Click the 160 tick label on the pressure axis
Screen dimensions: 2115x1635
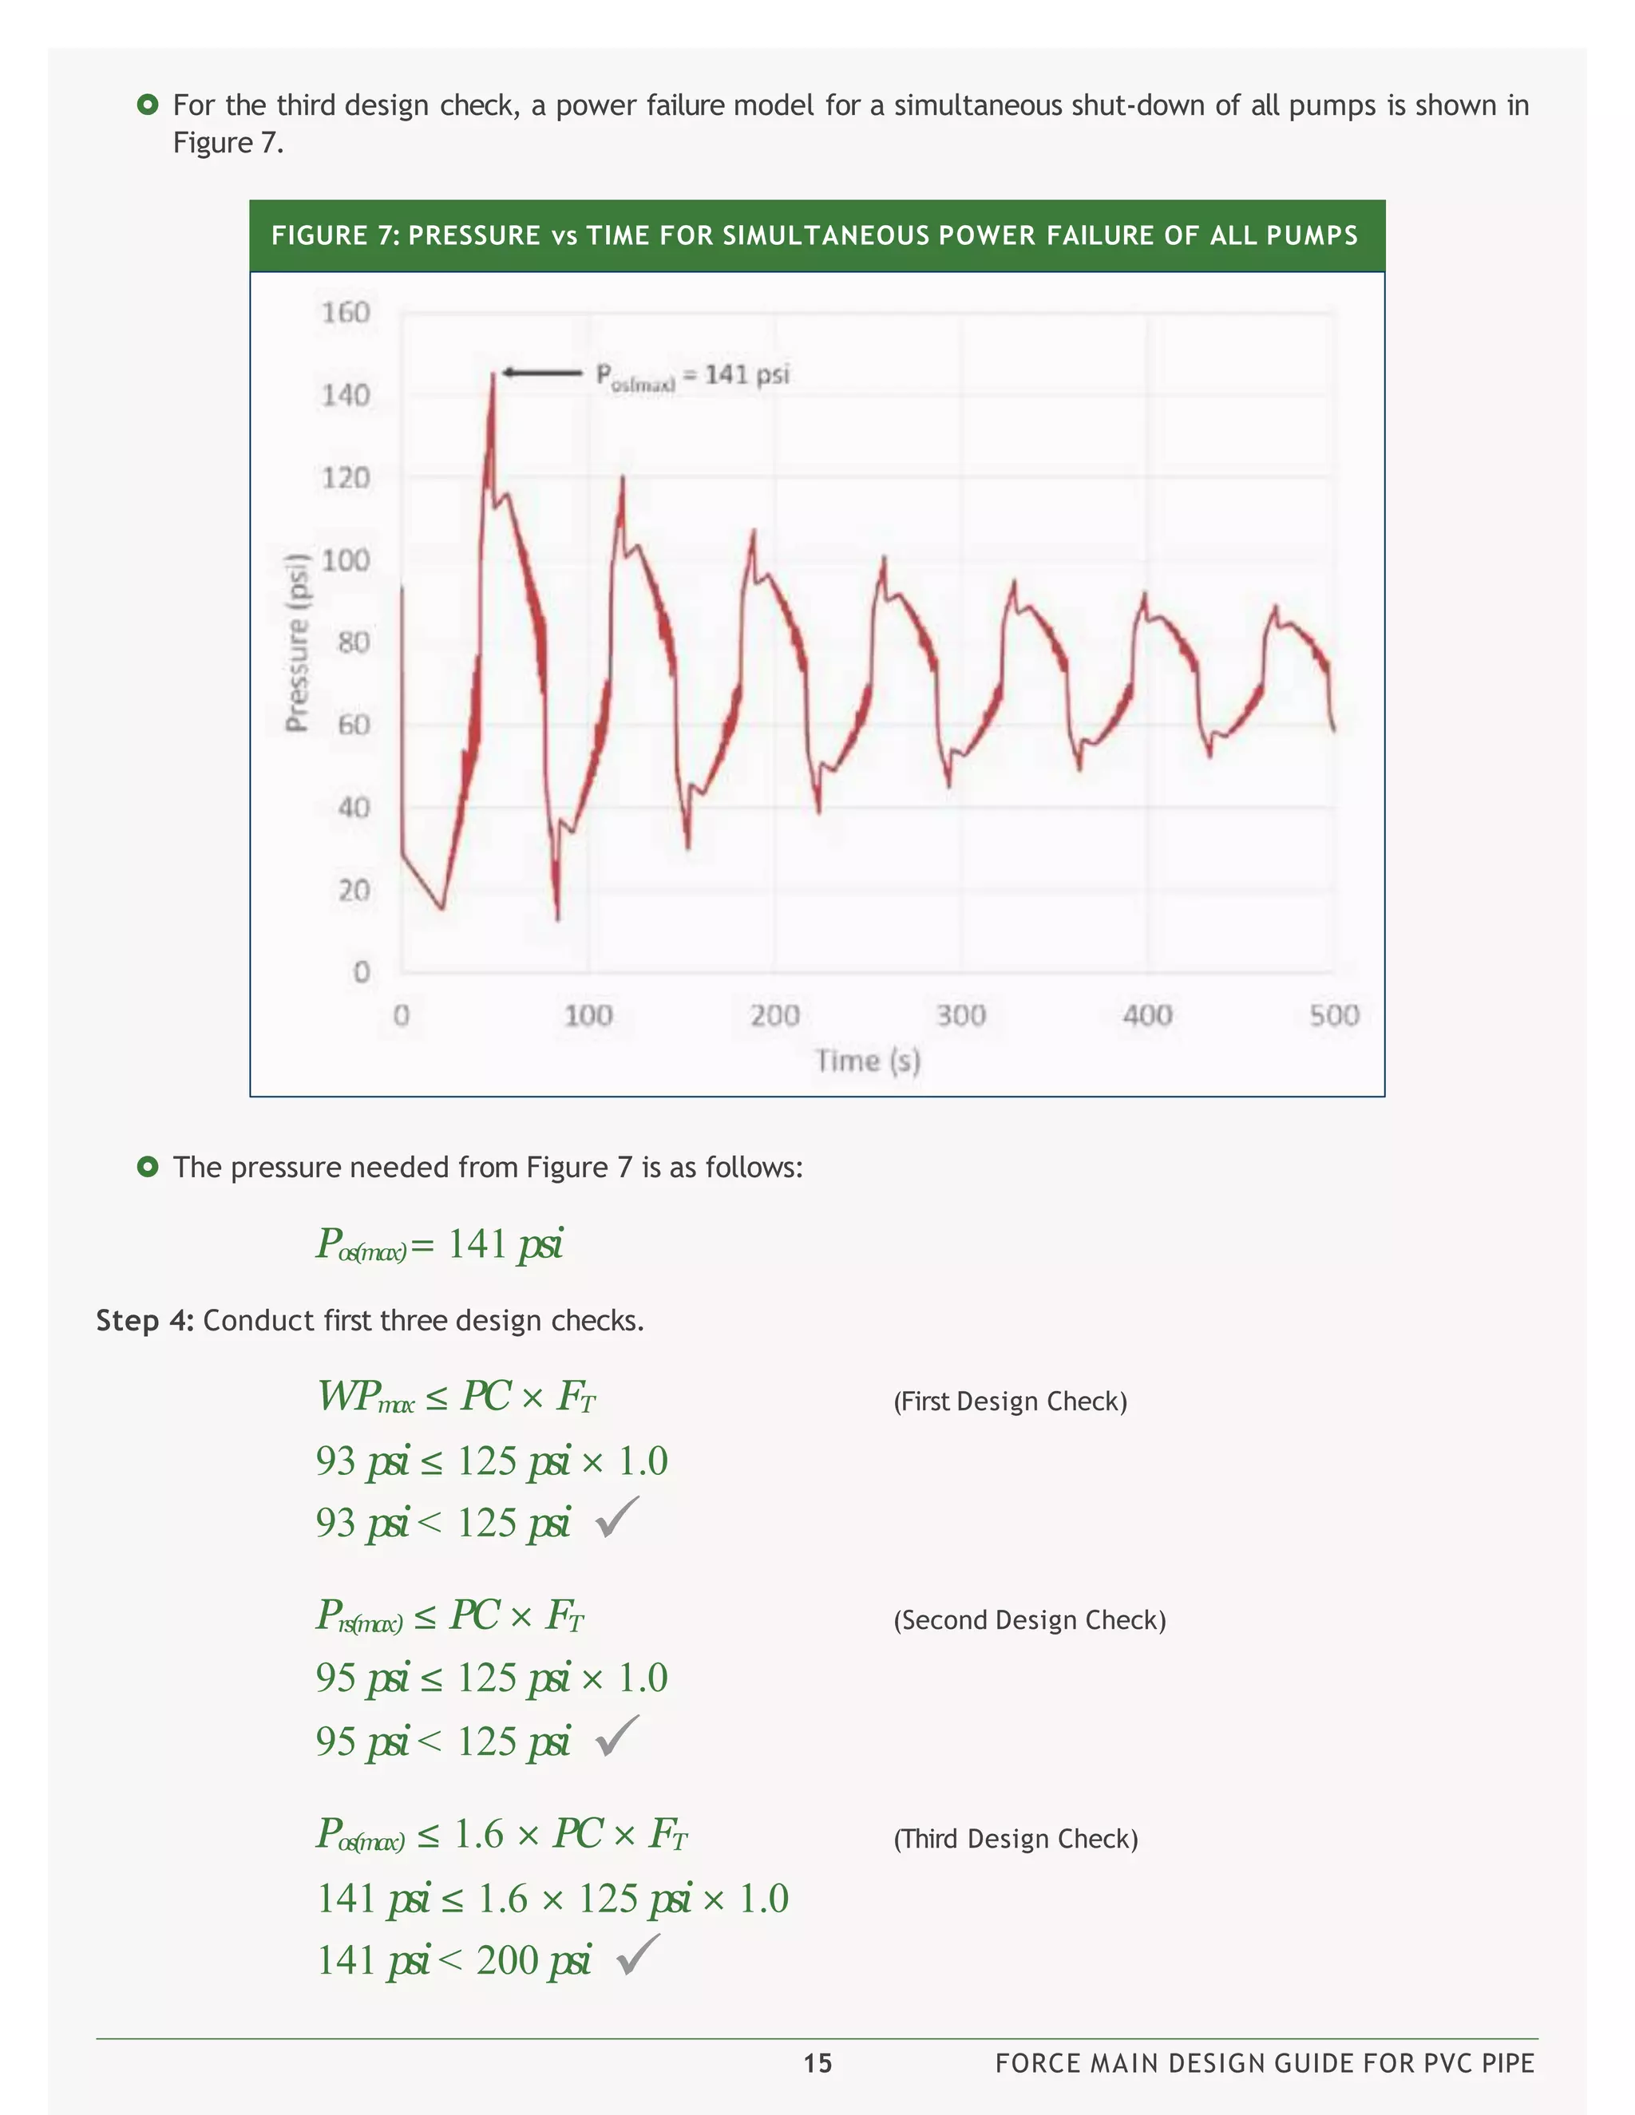pos(346,313)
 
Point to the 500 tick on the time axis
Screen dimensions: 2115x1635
pos(1334,1015)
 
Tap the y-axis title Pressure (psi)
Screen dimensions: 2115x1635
pos(297,642)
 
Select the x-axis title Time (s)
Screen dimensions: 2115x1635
pos(867,1061)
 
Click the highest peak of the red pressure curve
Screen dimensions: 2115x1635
pos(492,374)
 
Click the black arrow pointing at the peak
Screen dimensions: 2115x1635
pos(540,373)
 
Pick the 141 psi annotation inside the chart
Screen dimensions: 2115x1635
pos(692,375)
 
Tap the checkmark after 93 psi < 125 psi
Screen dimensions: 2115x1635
pos(617,1517)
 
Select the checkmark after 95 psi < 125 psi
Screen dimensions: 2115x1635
pos(617,1737)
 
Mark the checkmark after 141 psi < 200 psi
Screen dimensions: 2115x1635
pos(639,1955)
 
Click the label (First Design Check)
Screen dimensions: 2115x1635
pos(1009,1401)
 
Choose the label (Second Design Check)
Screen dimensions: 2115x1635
pos(1028,1620)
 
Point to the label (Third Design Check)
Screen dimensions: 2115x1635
pos(1015,1839)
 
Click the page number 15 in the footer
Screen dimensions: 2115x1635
pos(817,2064)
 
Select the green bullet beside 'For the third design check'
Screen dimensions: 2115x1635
pos(147,105)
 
